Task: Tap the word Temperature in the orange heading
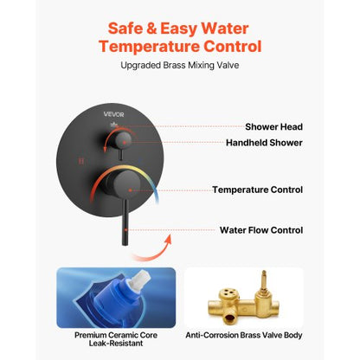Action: [x=151, y=46]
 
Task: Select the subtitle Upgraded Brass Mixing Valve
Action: [x=180, y=66]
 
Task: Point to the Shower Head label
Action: [x=273, y=126]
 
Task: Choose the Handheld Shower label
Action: [x=264, y=143]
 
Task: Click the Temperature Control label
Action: [x=257, y=189]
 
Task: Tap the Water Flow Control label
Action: [x=260, y=230]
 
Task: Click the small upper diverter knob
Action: [x=122, y=138]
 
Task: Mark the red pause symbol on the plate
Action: [x=80, y=161]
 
